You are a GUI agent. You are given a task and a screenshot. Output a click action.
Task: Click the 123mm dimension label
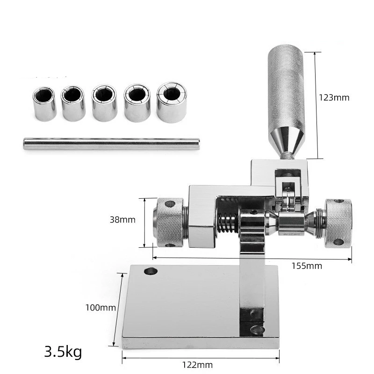[x=334, y=98]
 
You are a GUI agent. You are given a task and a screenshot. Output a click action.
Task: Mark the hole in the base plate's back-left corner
[x=151, y=271]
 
